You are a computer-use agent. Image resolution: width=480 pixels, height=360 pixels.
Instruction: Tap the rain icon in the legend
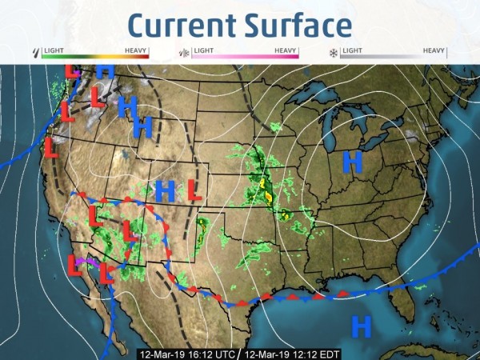click(x=34, y=53)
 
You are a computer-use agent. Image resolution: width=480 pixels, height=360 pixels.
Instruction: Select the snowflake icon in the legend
click(x=334, y=54)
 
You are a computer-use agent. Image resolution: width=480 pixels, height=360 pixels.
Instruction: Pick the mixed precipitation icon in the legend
click(x=184, y=54)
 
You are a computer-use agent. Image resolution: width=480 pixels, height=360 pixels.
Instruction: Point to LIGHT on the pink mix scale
click(x=203, y=50)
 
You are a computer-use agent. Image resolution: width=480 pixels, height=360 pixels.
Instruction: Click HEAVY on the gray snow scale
click(x=434, y=50)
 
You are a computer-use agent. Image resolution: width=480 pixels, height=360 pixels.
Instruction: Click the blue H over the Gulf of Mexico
click(x=362, y=326)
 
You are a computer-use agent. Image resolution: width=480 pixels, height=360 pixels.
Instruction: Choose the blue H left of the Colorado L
click(x=165, y=190)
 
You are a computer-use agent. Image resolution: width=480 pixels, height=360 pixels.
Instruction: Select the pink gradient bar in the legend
click(x=244, y=57)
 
